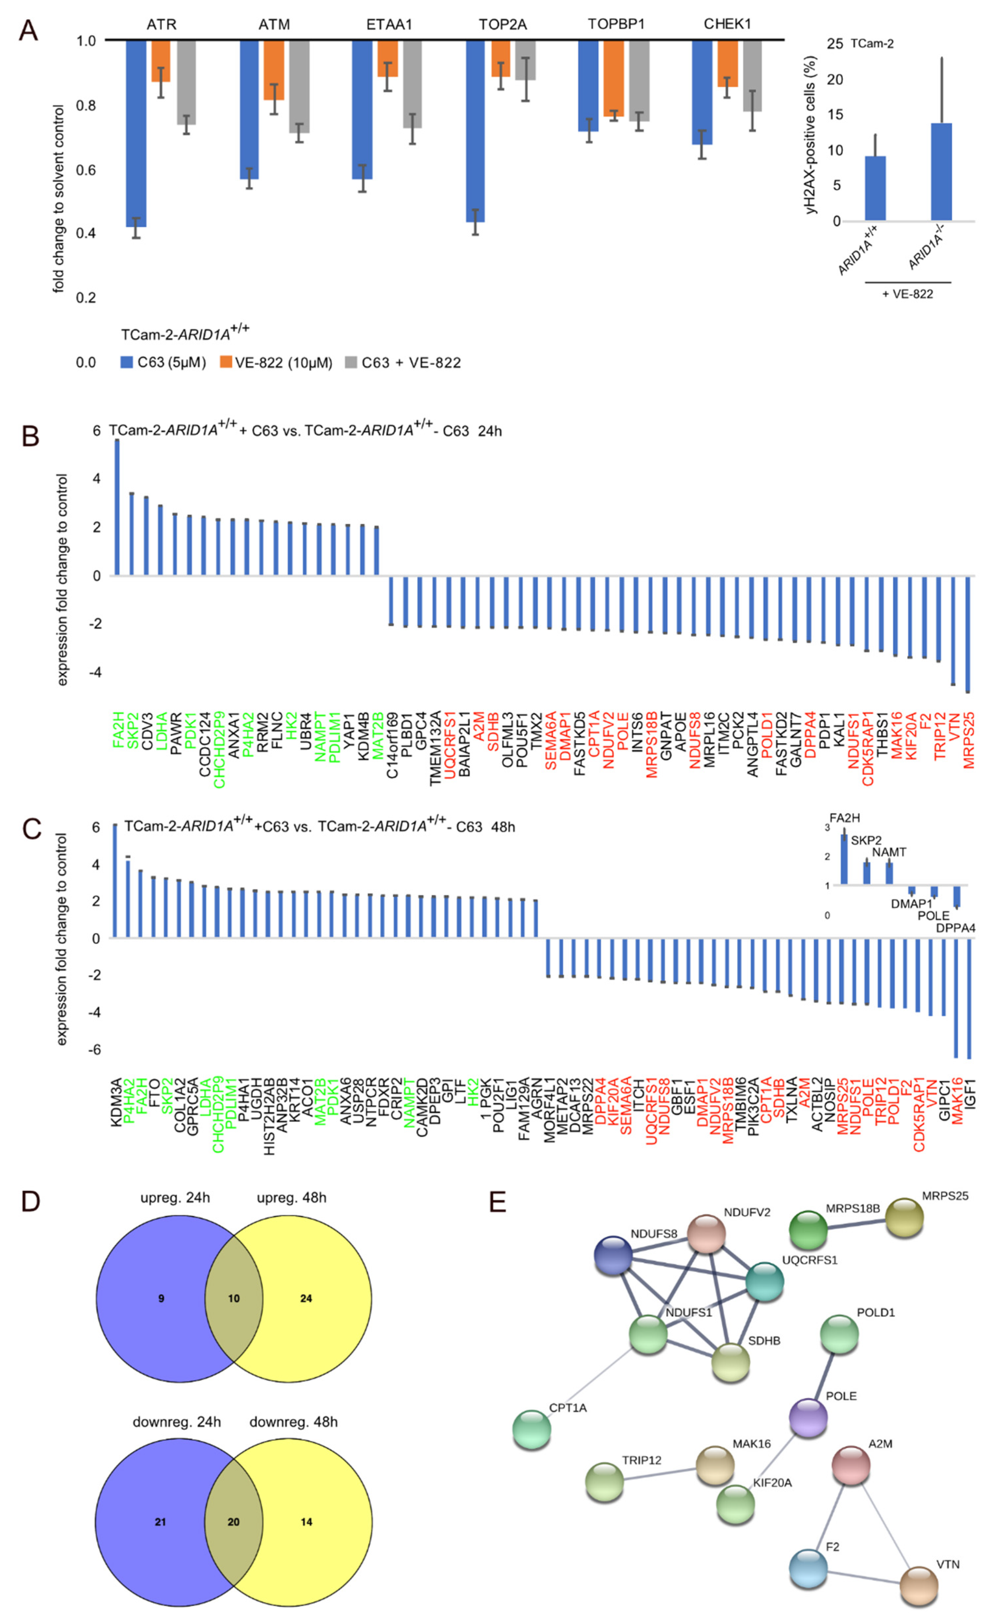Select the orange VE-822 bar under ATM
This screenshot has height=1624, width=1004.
point(273,70)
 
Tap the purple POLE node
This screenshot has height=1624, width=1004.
point(808,1418)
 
